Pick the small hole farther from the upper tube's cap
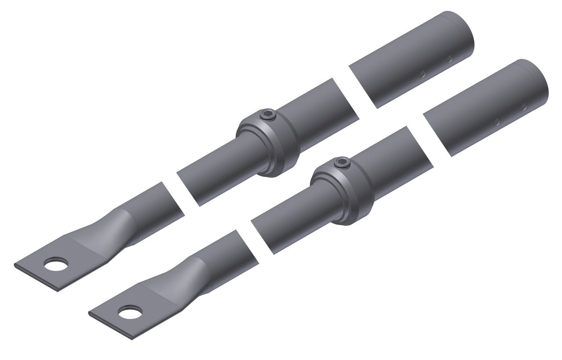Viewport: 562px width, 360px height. (423, 74)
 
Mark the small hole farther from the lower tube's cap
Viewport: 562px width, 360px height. (497, 122)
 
